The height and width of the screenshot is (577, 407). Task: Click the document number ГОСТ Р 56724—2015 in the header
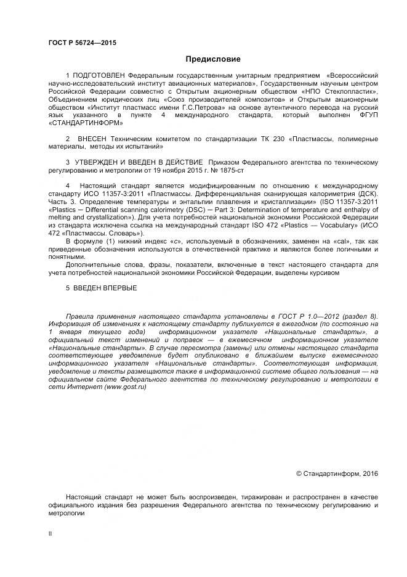[x=82, y=43]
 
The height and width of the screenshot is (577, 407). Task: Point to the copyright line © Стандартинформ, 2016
[x=337, y=473]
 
